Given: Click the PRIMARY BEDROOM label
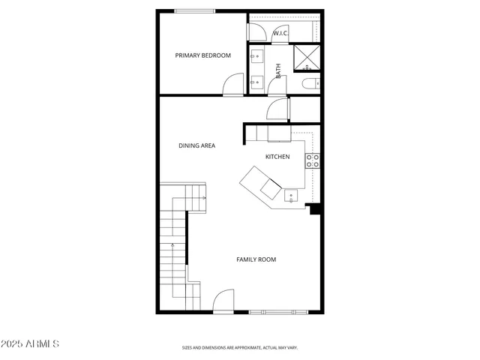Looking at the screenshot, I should click(202, 55).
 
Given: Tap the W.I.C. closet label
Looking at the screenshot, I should click(280, 34).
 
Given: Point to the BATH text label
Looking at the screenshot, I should click(278, 71).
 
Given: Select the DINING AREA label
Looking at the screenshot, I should click(196, 145).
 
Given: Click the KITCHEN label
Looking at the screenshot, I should click(277, 156).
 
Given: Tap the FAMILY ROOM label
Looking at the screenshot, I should click(256, 259).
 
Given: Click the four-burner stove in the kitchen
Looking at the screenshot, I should click(312, 160).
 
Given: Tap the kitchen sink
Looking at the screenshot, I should click(291, 196).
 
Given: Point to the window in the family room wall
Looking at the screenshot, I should click(278, 311).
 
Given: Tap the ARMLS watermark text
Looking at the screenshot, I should click(30, 343).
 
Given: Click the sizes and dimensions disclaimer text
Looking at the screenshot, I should click(240, 348).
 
